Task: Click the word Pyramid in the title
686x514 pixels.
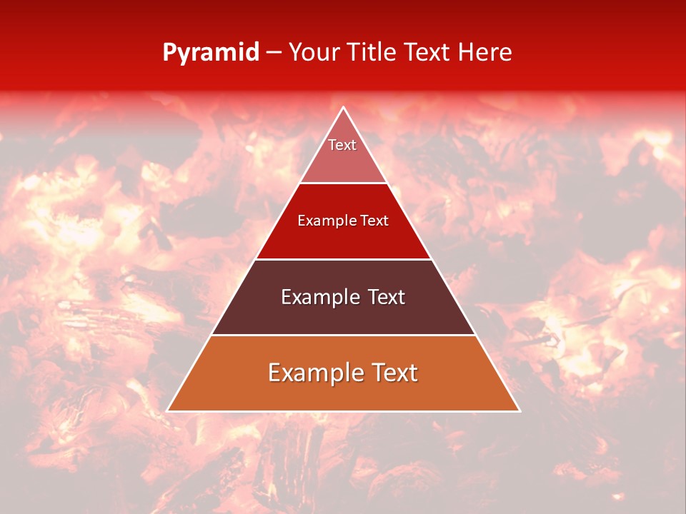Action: (x=211, y=53)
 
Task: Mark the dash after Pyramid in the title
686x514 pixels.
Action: (x=274, y=53)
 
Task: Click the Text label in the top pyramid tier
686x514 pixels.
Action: (x=342, y=145)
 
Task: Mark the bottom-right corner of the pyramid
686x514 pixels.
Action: (x=519, y=410)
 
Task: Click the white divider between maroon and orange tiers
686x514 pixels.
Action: (x=344, y=335)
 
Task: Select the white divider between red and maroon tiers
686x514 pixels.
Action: (x=344, y=259)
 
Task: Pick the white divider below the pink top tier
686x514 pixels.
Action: (x=344, y=183)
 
